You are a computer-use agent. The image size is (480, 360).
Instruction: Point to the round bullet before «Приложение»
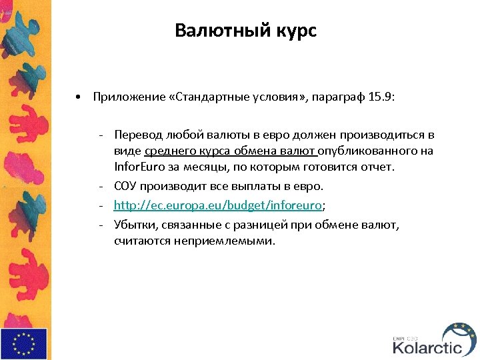pyautogui.click(x=79, y=97)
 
